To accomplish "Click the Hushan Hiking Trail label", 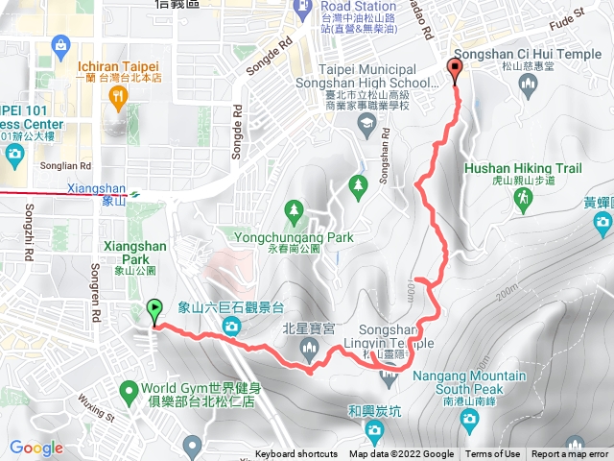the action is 523,168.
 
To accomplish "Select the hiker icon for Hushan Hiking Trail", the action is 523,199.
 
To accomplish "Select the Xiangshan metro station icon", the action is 135,193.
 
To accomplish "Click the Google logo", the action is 35,448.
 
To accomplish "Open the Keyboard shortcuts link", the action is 296,454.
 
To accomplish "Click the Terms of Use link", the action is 493,454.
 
